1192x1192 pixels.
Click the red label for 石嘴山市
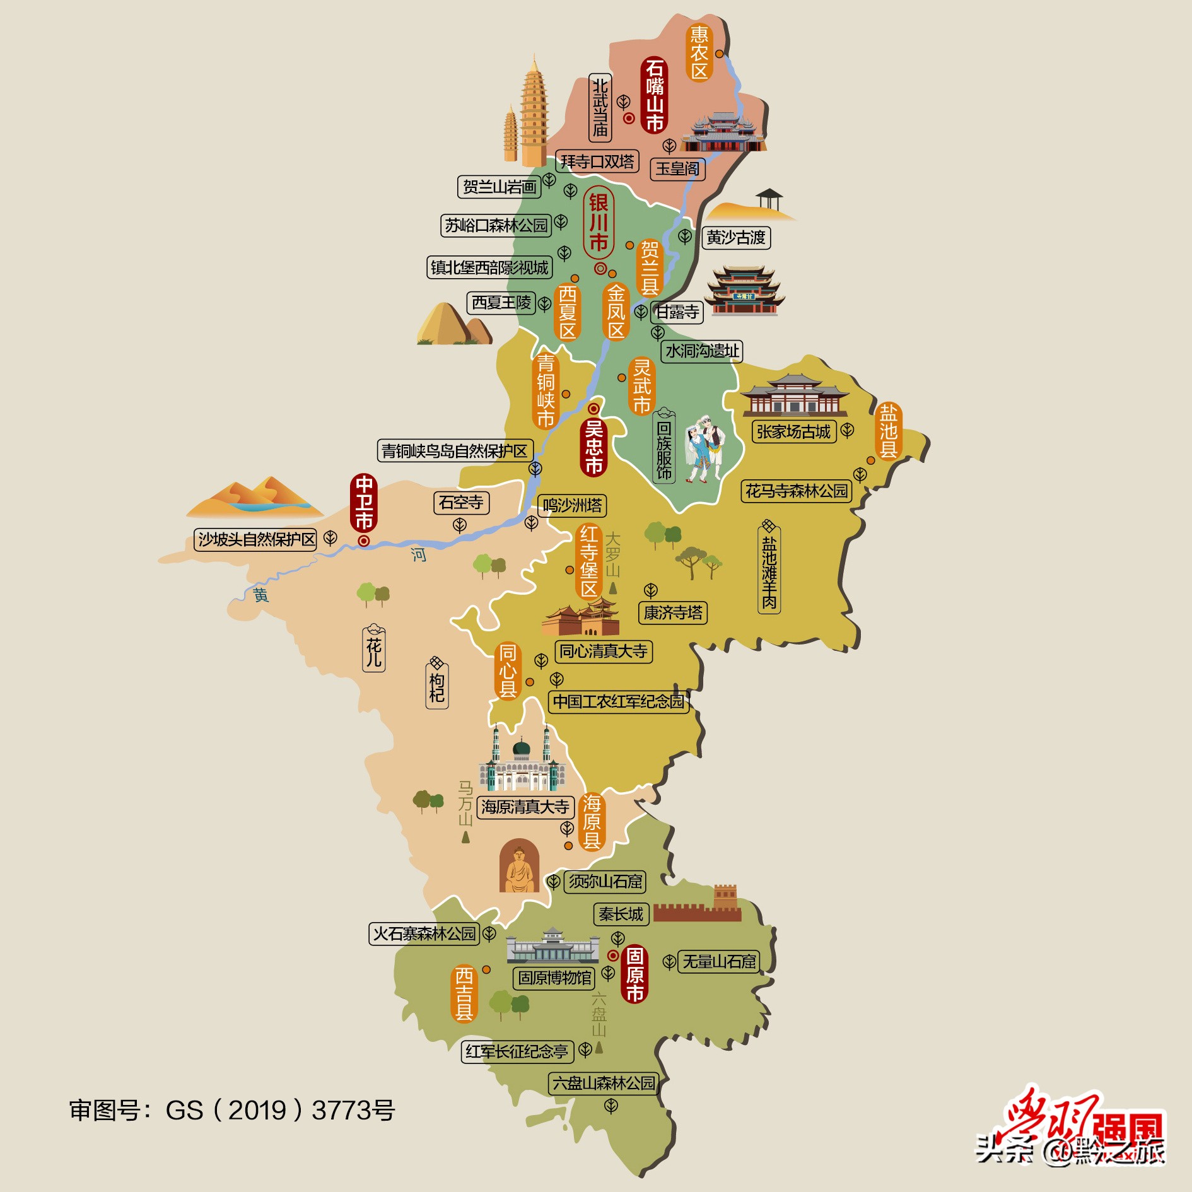pos(655,95)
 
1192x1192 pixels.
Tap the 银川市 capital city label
pos(598,222)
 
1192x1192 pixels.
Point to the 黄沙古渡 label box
pos(735,238)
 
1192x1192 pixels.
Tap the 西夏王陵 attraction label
pos(501,303)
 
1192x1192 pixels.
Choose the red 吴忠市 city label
pos(593,447)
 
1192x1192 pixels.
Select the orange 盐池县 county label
pos(888,431)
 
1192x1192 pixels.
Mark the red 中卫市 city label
pos(364,502)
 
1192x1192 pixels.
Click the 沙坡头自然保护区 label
pos(255,539)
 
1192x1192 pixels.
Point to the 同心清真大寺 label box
pos(603,651)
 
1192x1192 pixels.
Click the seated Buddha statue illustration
pos(518,867)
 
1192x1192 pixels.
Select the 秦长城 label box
pos(621,914)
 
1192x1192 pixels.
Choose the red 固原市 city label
pos(634,974)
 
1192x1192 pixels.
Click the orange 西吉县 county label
pos(464,993)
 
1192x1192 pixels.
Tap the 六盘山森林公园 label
pos(604,1084)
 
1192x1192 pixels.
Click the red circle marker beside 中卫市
pos(364,541)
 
